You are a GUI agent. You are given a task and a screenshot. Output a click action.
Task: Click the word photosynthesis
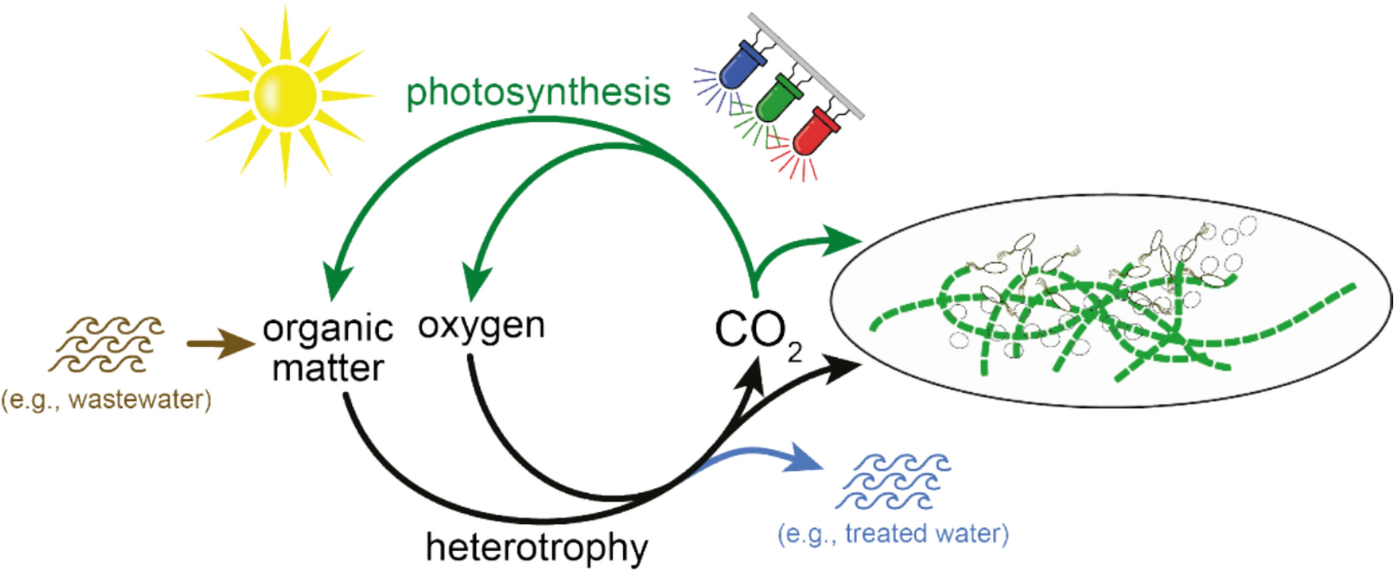pos(538,94)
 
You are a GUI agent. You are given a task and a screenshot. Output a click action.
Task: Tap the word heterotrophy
pos(536,547)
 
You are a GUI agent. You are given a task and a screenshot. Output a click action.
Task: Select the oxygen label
pos(481,326)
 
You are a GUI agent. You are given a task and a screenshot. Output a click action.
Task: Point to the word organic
pos(327,329)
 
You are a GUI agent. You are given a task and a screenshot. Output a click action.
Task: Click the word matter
pos(327,368)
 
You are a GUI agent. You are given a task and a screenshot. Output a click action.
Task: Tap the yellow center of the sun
pos(285,96)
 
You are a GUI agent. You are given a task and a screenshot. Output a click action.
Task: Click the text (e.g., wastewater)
pos(106,400)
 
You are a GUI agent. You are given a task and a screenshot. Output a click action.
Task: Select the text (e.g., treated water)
pos(893,533)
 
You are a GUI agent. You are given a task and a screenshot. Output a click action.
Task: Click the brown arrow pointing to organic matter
pos(221,344)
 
